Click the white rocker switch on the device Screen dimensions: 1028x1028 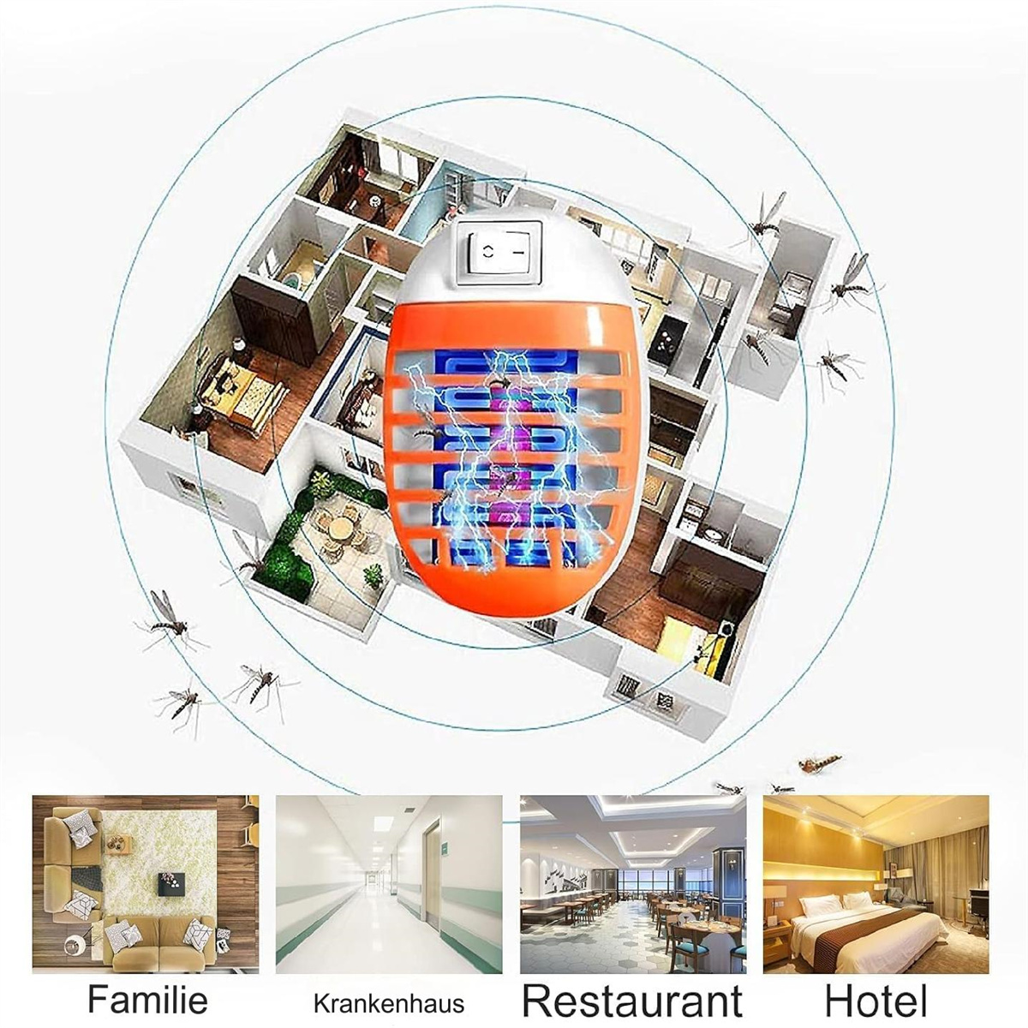503,254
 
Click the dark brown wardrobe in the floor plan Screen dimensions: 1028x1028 269,320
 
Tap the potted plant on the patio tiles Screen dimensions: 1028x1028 373,577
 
